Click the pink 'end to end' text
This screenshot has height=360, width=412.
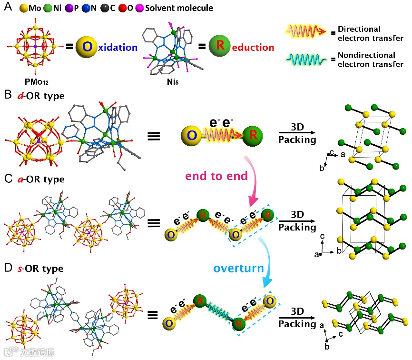216,176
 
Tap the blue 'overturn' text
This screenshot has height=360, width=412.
238,268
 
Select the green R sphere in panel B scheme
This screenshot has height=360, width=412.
253,136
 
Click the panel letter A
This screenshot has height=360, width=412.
7,8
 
